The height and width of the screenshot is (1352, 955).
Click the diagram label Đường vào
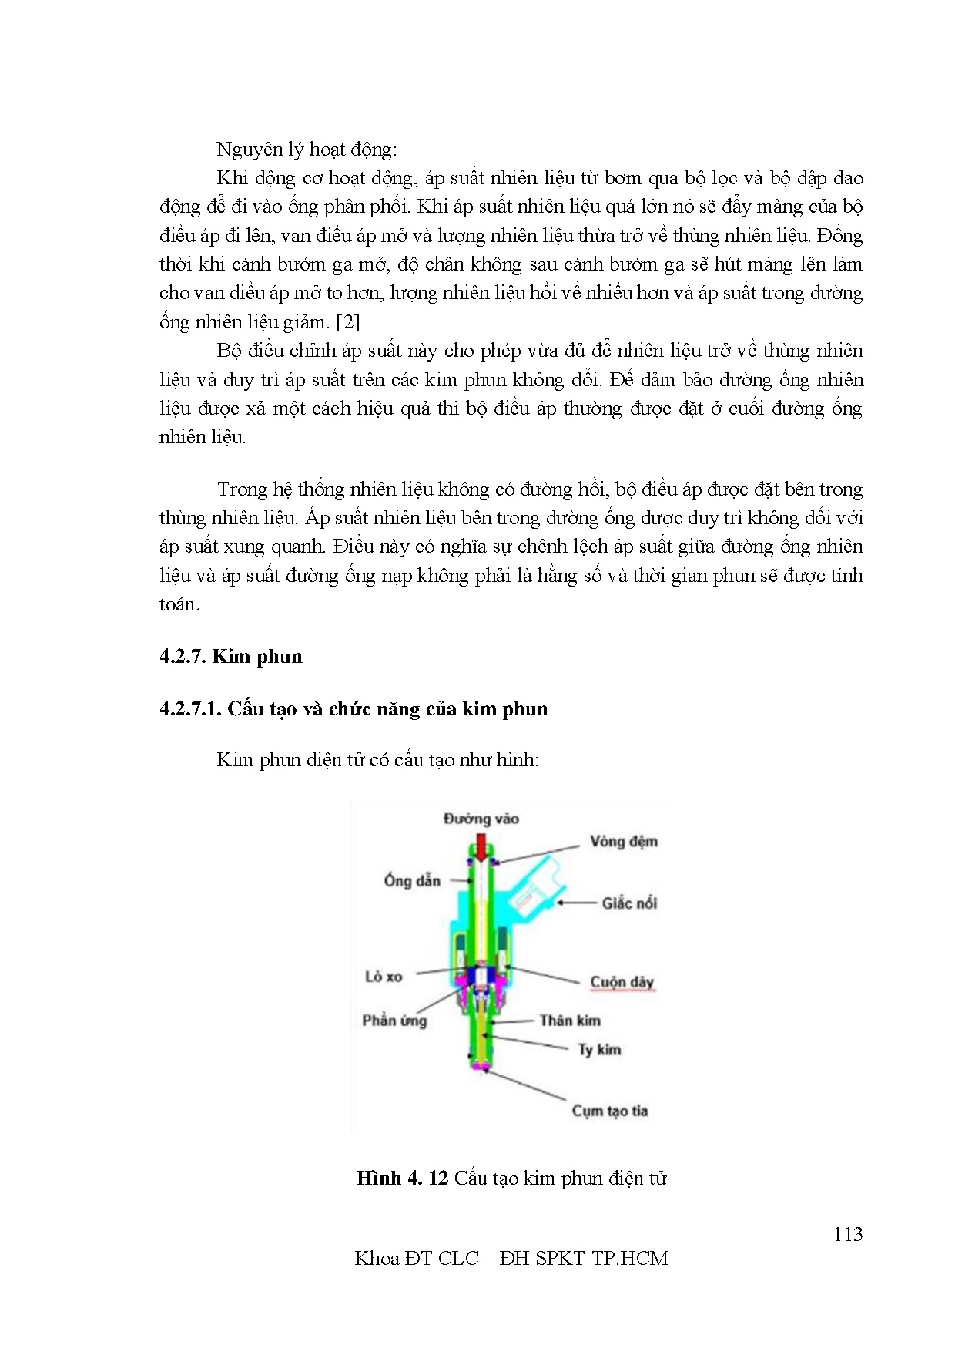pos(481,819)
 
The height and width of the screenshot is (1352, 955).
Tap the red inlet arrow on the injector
pos(481,848)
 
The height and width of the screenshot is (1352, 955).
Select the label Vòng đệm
pos(624,841)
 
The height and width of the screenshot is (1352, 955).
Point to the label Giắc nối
pos(629,903)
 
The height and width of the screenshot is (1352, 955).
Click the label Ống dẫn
pos(412,880)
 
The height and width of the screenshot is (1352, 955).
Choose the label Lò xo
pos(384,977)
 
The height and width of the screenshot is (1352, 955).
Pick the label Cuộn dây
pos(622,982)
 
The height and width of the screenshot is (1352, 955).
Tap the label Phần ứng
pos(394,1021)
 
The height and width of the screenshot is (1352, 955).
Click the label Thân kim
pos(570,1021)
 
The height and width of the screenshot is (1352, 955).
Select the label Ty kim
pos(599,1050)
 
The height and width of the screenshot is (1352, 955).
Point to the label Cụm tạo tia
pos(609,1111)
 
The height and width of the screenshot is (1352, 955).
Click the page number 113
pos(847,1234)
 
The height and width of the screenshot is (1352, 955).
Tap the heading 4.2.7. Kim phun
pos(231,657)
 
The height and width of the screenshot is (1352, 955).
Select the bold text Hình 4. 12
pos(402,1179)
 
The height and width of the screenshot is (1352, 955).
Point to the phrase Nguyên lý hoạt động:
pos(307,150)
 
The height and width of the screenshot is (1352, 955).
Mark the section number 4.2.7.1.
pos(190,709)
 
